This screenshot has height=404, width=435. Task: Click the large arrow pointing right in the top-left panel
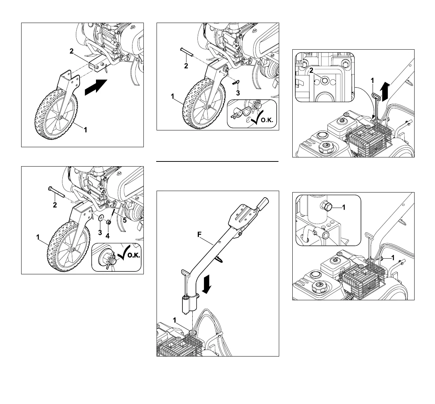point(96,87)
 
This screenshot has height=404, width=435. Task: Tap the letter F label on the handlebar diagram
point(199,235)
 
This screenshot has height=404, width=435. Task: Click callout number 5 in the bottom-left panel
point(124,220)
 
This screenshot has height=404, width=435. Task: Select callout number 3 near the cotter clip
point(238,93)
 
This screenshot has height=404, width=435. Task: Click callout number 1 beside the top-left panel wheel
point(86,129)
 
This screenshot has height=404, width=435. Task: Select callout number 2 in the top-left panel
point(72,52)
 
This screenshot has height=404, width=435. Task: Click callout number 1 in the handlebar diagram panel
point(174,320)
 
